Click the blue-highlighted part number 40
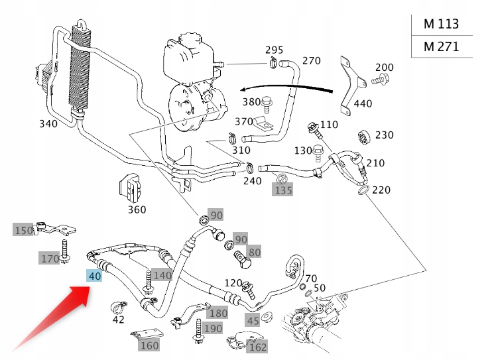94,276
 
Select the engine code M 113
441,25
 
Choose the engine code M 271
441,47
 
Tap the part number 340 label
48,124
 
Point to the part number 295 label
274,50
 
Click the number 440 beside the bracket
363,103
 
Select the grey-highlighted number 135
283,191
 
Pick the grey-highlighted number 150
23,230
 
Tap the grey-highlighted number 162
257,346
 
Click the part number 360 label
137,210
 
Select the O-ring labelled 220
362,192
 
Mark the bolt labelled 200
381,80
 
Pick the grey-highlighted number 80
255,252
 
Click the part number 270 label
311,61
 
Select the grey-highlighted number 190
213,328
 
